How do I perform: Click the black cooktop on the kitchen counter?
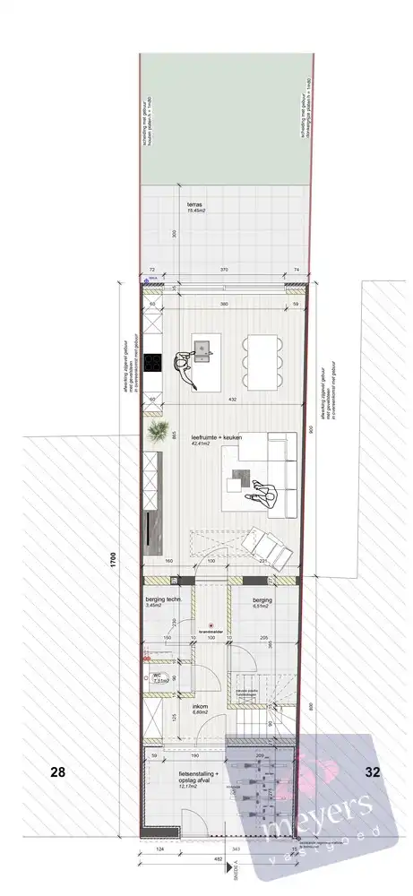pyautogui.click(x=152, y=363)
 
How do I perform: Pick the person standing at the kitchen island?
pyautogui.click(x=185, y=367)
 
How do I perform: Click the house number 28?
pyautogui.click(x=58, y=770)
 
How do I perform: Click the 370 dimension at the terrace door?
pyautogui.click(x=223, y=269)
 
